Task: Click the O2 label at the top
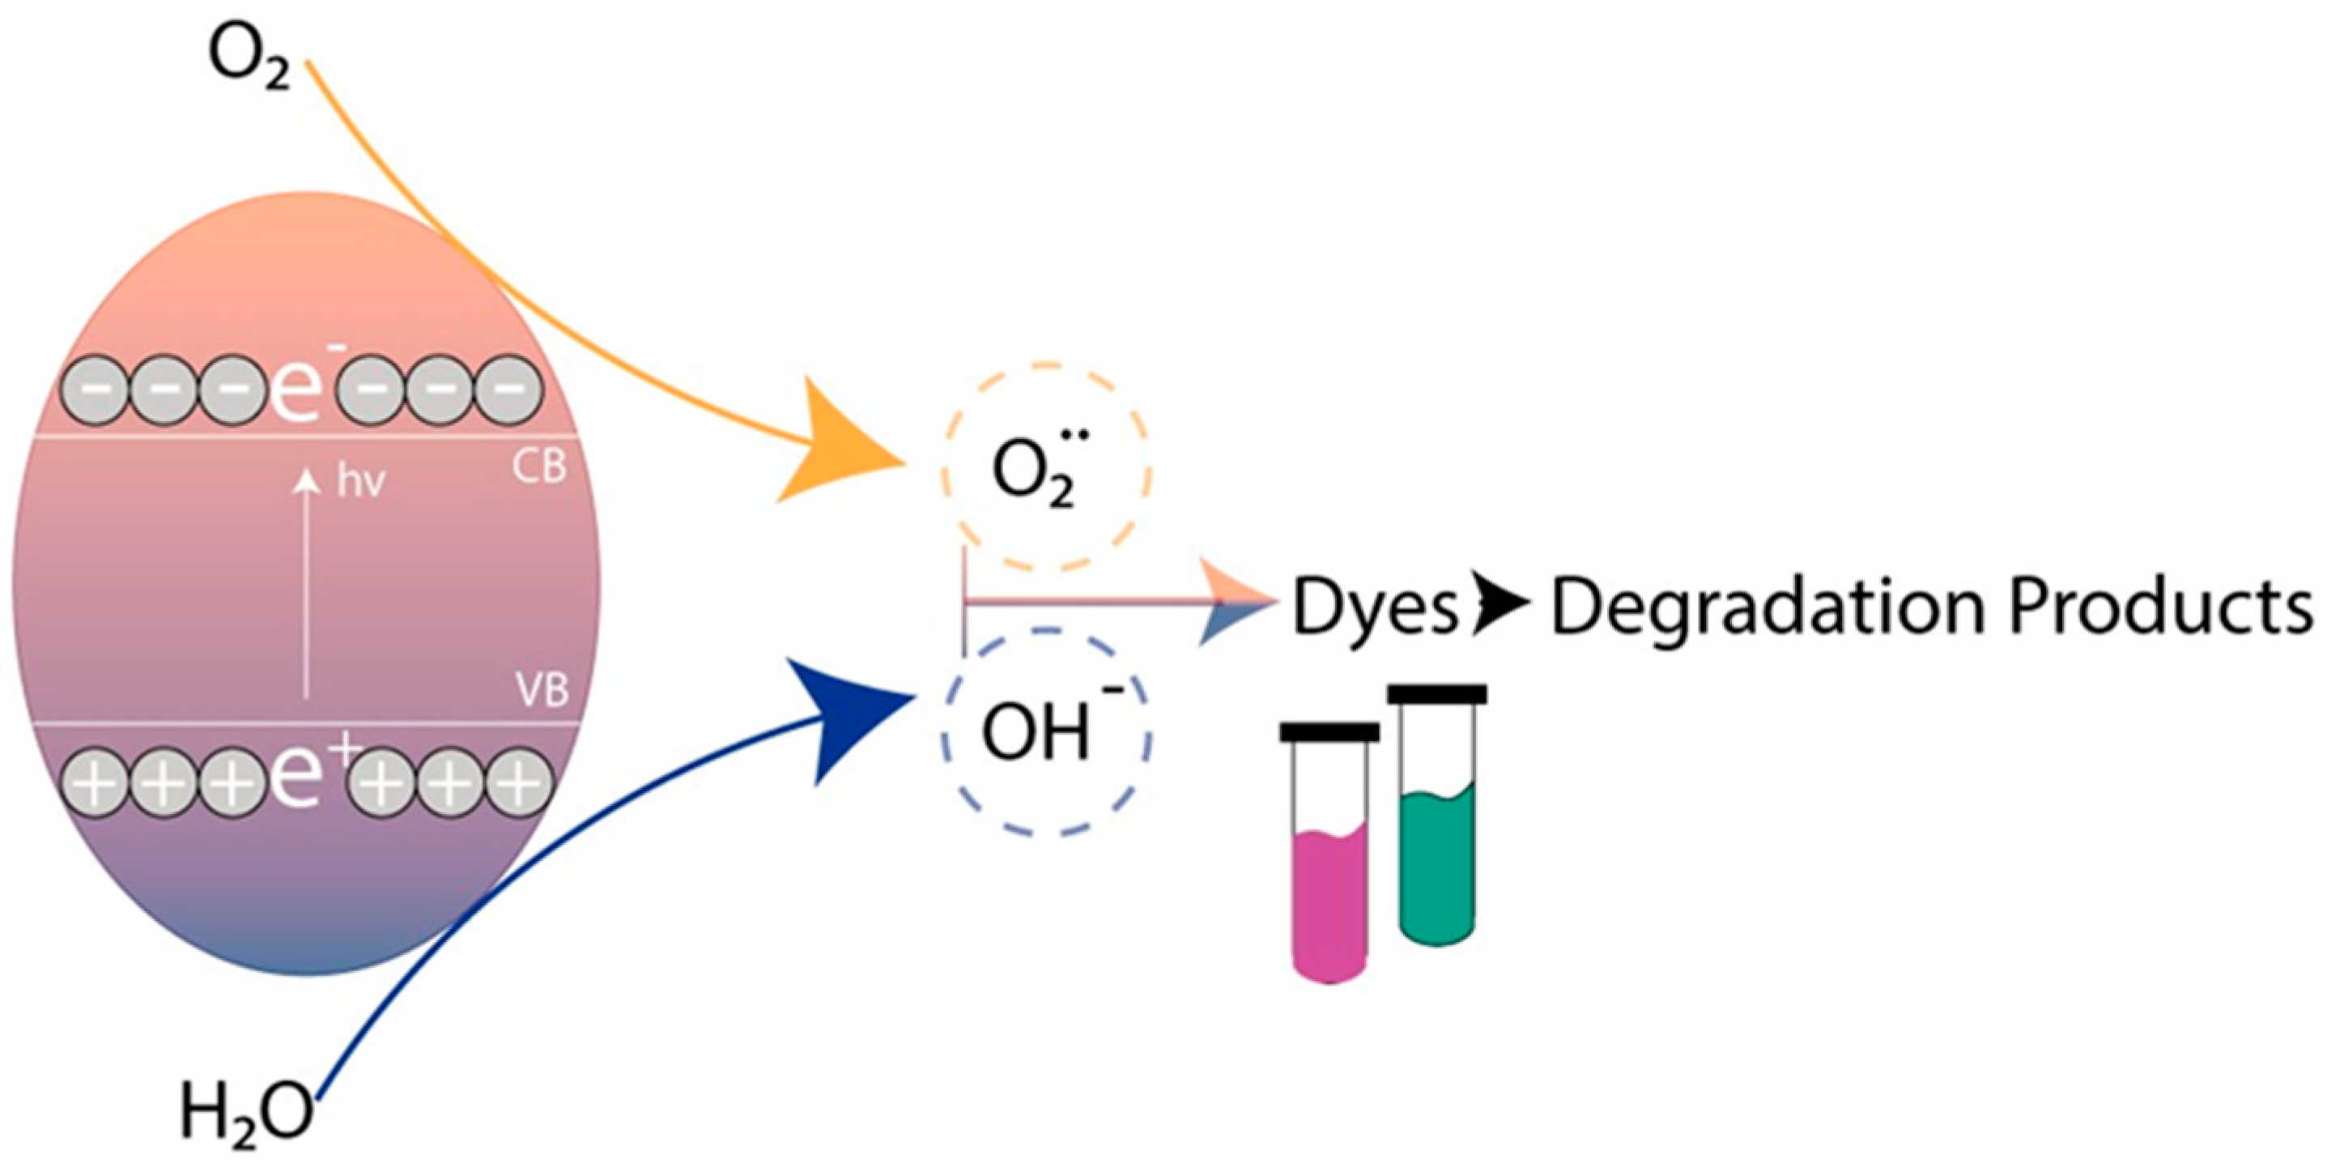(249, 60)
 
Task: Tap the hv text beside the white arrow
(360, 482)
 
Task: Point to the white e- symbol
(295, 388)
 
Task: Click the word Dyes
(1374, 608)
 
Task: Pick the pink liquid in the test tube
(1329, 904)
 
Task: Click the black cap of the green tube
(1437, 694)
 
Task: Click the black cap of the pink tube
(1329, 732)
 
